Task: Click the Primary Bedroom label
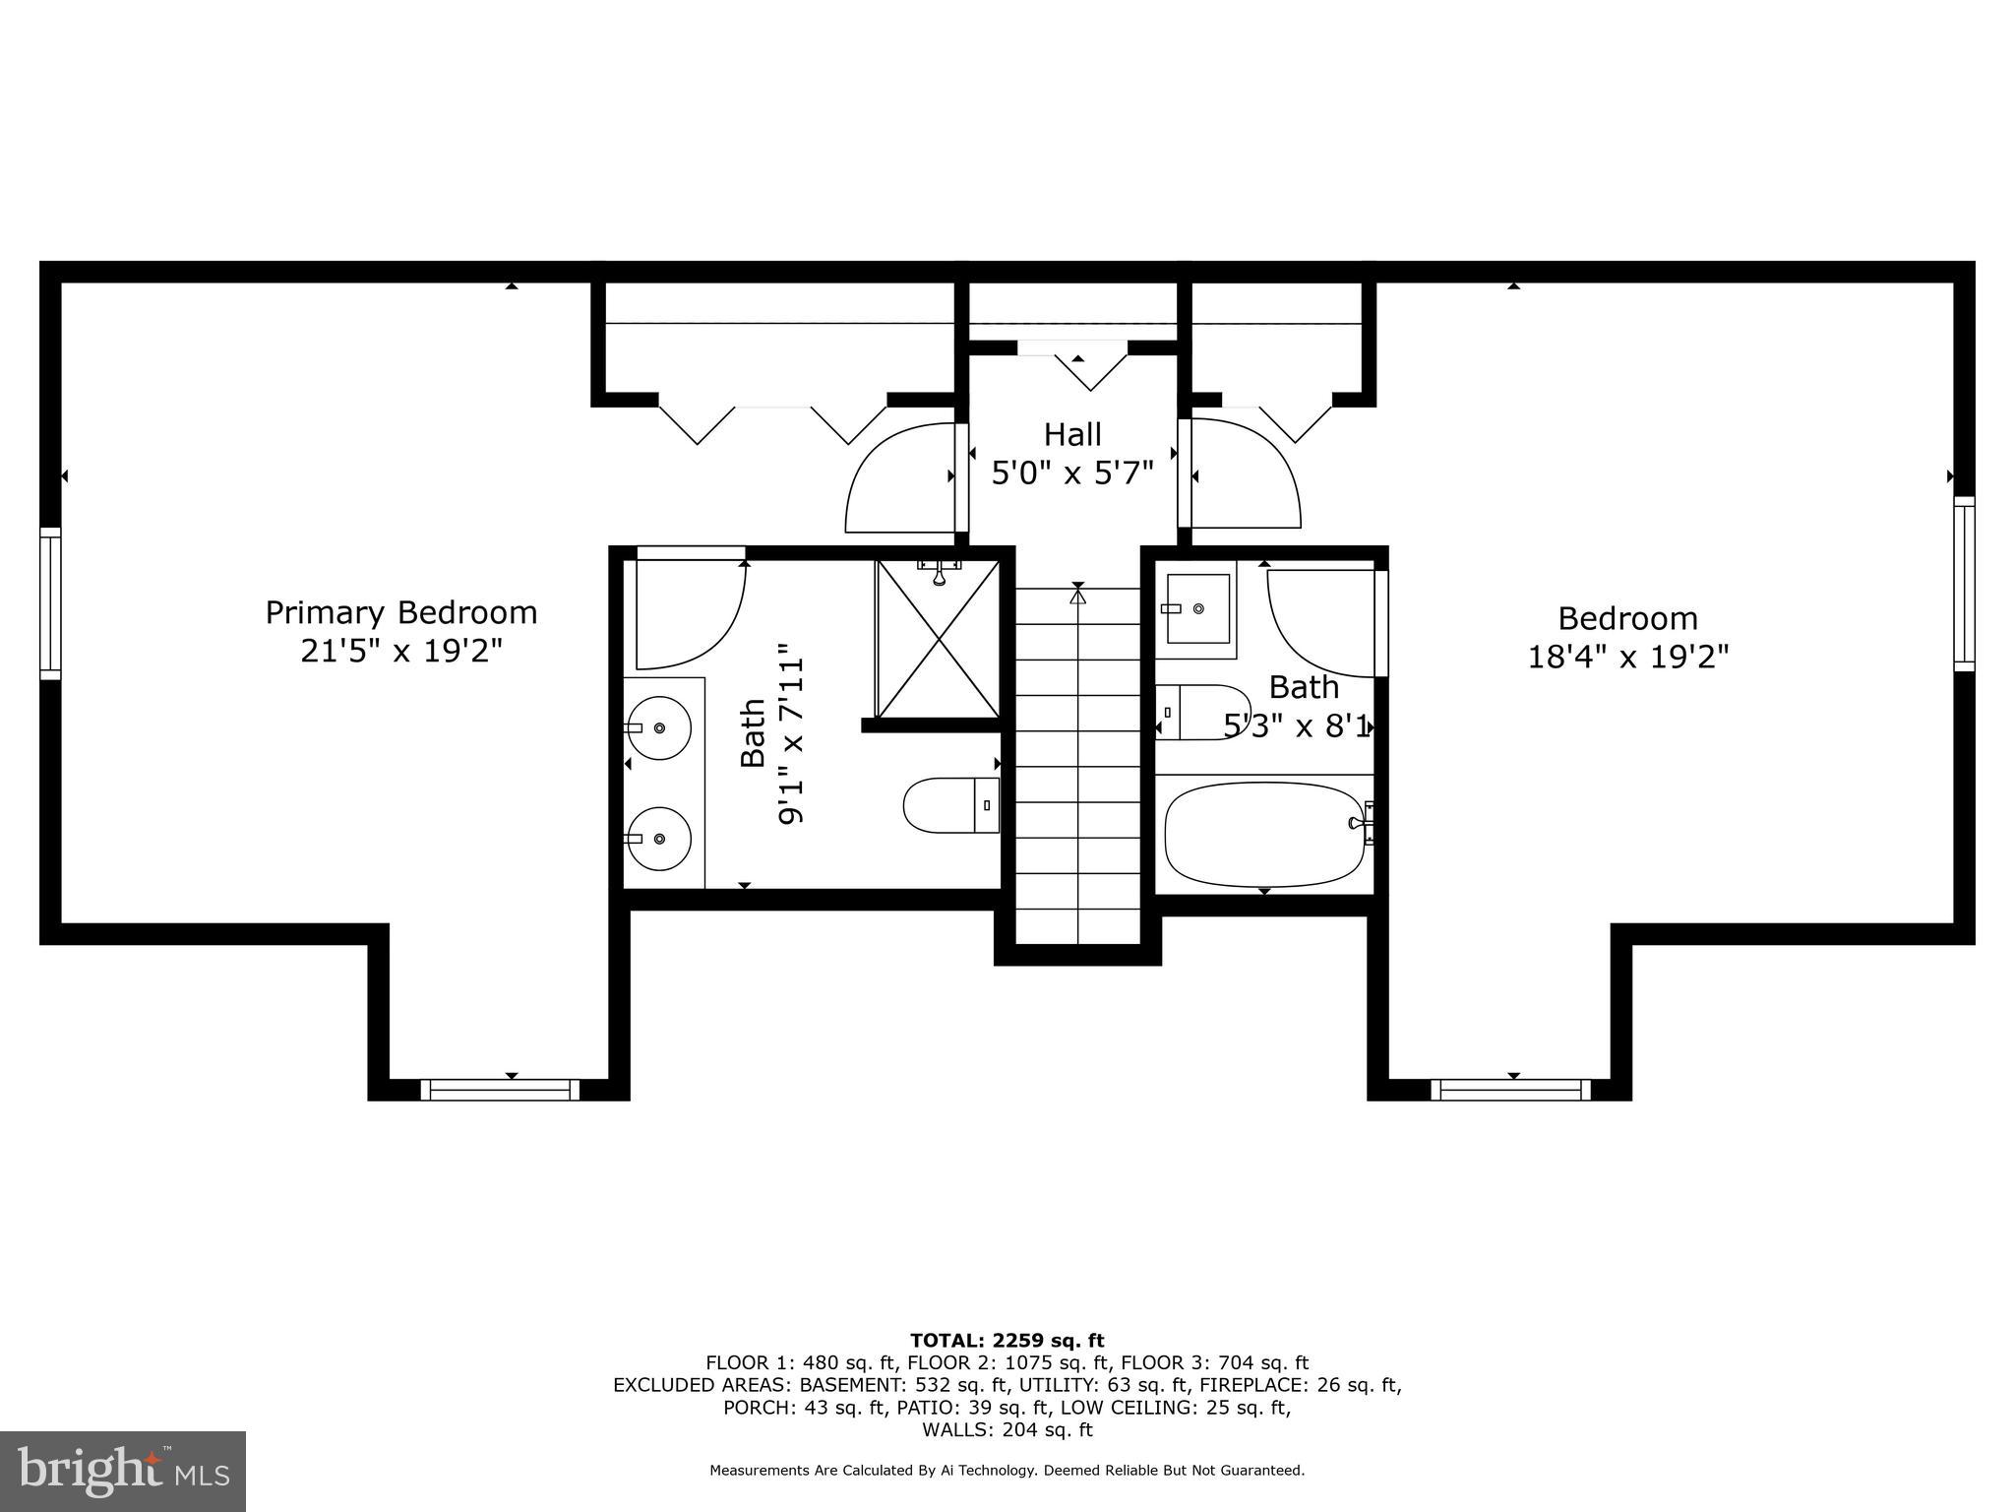[401, 612]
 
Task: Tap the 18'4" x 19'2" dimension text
[1627, 657]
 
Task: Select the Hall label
[1072, 434]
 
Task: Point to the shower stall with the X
[938, 638]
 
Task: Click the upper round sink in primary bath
[659, 727]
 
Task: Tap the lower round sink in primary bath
[659, 838]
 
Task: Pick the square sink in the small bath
[1197, 609]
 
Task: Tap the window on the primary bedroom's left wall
[50, 602]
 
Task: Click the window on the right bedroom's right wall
[1964, 584]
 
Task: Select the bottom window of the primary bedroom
[500, 1090]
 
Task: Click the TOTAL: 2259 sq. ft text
[1007, 1341]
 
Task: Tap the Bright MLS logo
[123, 1471]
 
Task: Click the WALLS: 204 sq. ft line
[1007, 1430]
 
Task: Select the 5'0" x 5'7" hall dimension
[1071, 473]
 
